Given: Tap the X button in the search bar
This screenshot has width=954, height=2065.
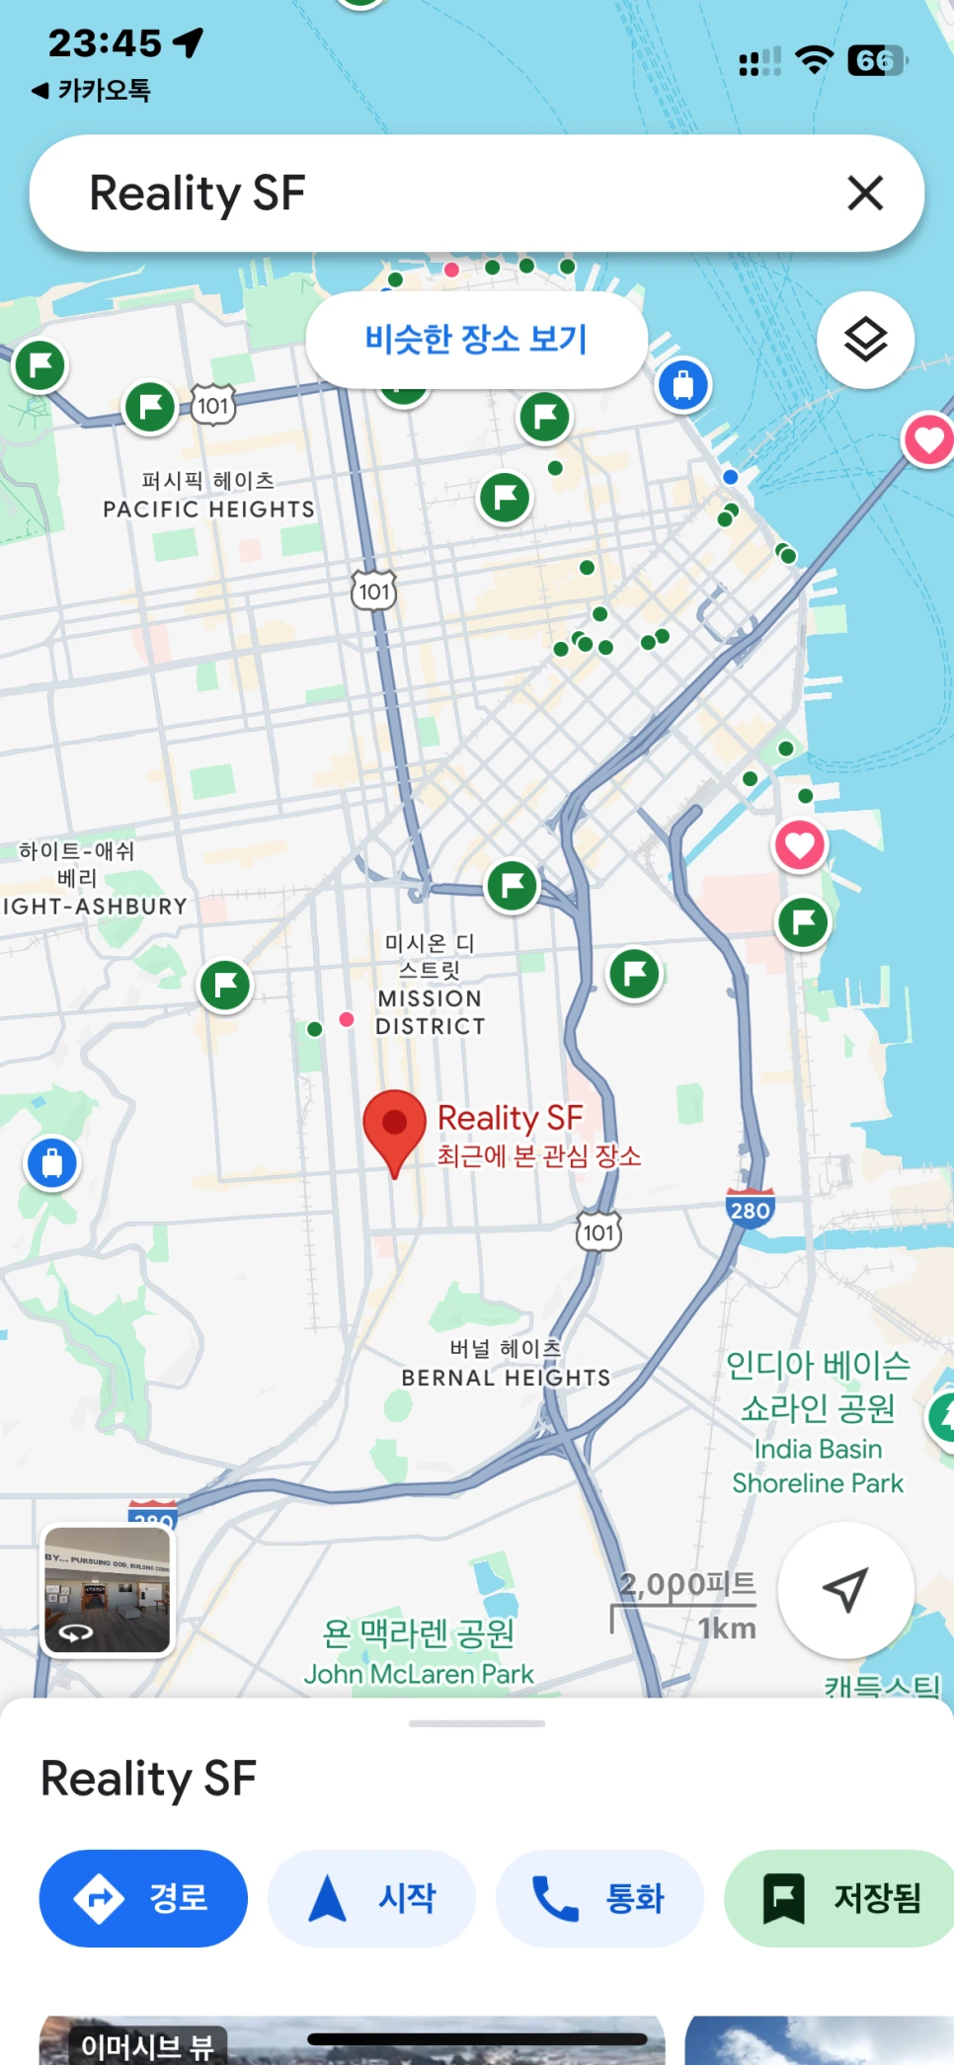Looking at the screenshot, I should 865,194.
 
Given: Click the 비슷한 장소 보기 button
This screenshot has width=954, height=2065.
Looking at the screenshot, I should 476,340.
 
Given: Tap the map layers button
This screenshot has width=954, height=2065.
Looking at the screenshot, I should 865,340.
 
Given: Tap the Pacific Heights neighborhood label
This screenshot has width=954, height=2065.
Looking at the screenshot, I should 208,496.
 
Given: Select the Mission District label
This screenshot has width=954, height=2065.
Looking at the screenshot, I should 431,985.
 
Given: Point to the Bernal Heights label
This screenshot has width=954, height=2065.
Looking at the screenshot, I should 506,1364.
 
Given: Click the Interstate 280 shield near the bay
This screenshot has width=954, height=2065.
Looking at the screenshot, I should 750,1209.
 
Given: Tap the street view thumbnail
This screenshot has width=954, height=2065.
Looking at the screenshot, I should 107,1589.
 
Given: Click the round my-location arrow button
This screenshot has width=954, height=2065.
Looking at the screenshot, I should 845,1589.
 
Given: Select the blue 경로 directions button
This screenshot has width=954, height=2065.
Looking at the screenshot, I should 143,1897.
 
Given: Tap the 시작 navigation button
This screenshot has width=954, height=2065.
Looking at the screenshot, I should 372,1897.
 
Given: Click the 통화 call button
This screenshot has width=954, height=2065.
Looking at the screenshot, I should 599,1897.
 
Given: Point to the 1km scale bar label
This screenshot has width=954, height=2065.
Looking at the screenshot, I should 727,1628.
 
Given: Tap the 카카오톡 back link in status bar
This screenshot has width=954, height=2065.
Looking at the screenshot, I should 92,91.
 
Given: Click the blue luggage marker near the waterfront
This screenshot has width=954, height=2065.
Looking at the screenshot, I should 683,384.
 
